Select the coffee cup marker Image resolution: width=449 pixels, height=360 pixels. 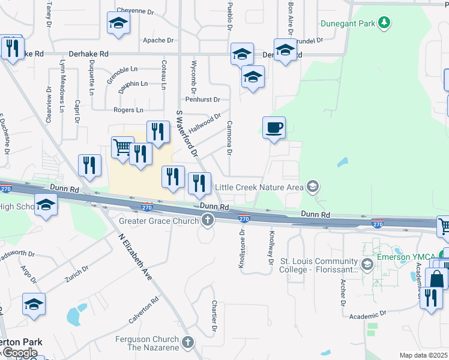pyautogui.click(x=274, y=128)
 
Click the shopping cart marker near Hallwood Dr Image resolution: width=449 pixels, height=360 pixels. pyautogui.click(x=122, y=146)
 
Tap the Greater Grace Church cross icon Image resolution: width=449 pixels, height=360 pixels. pyautogui.click(x=208, y=221)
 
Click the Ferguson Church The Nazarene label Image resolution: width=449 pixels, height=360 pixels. pyautogui.click(x=148, y=343)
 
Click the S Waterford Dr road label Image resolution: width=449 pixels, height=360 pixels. pyautogui.click(x=186, y=134)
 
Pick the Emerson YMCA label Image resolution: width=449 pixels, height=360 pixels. pyautogui.click(x=406, y=257)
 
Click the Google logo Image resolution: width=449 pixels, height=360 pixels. pyautogui.click(x=20, y=353)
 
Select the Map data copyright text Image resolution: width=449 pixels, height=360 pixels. pyautogui.click(x=424, y=355)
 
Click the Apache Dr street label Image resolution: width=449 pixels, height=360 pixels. pyautogui.click(x=158, y=40)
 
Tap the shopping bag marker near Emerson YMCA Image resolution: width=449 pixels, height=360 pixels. pyautogui.click(x=436, y=278)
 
